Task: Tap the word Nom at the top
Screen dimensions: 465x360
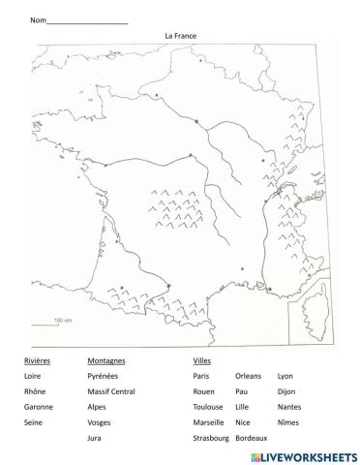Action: coord(38,20)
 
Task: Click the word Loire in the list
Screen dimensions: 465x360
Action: coord(33,375)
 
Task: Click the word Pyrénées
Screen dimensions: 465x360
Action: coord(103,375)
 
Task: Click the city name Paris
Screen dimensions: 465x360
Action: coord(201,375)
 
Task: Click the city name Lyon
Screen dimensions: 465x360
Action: coord(285,375)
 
